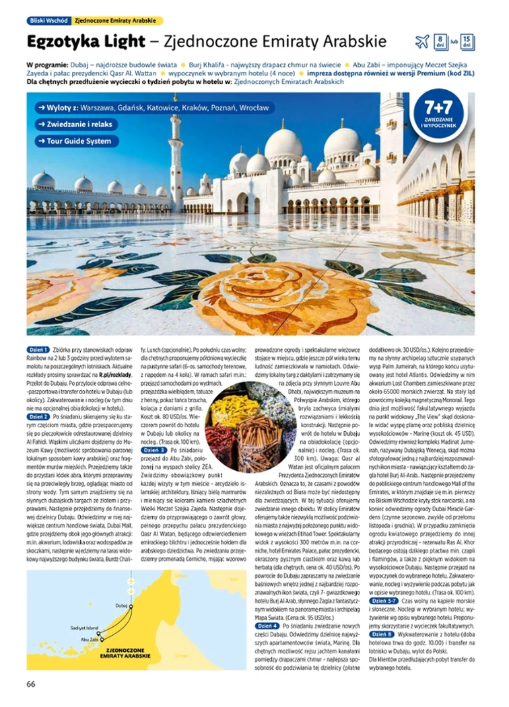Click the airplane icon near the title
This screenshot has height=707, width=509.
point(422,42)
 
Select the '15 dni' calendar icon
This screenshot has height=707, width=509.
point(469,41)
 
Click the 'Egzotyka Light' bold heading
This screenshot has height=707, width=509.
point(83,42)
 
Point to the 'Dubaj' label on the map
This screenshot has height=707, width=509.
point(121,605)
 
